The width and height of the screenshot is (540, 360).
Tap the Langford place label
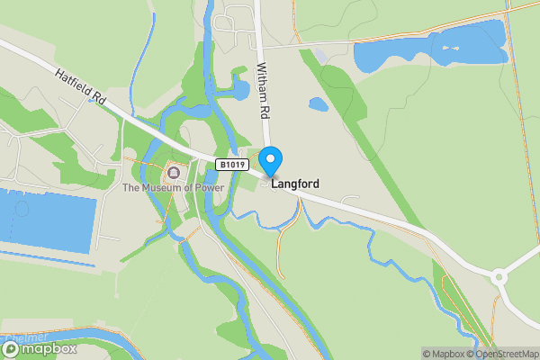[294, 183]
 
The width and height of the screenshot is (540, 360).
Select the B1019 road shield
[232, 164]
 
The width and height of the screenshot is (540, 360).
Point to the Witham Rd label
[264, 91]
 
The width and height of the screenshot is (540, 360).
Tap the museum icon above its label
[173, 171]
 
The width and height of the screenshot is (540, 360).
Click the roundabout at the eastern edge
[500, 277]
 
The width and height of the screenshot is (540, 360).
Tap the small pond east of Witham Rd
[319, 103]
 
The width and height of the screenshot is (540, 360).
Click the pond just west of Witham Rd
[240, 88]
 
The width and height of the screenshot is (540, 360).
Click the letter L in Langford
[274, 183]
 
